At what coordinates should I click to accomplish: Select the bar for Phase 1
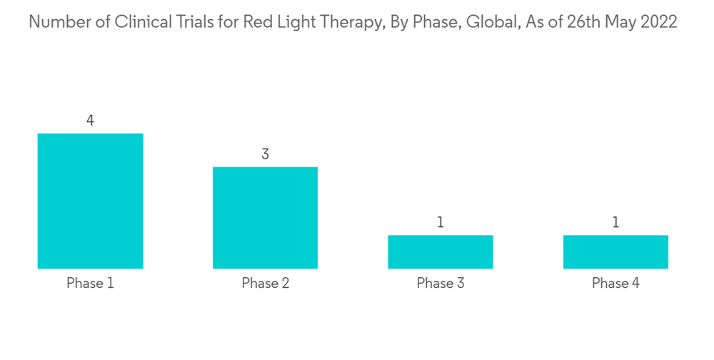click(90, 201)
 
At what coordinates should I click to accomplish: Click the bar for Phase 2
click(265, 218)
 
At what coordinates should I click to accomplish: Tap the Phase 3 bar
click(441, 252)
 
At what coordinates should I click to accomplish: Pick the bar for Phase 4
click(615, 252)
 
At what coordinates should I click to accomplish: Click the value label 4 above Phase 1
click(90, 120)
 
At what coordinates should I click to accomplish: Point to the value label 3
click(265, 154)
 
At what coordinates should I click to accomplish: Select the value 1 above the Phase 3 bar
click(441, 222)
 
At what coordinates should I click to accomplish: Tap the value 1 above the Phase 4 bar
click(615, 222)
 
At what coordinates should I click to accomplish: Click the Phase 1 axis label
click(90, 283)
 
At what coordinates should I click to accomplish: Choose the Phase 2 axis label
click(266, 283)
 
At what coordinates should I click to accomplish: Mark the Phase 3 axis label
click(441, 283)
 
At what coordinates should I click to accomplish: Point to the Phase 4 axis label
click(615, 283)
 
